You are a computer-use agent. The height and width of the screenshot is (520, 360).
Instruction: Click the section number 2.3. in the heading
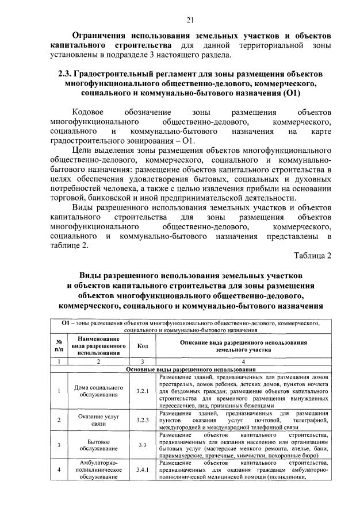67,74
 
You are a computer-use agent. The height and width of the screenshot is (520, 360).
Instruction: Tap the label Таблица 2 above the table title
313,256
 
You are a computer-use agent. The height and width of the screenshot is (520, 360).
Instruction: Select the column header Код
142,346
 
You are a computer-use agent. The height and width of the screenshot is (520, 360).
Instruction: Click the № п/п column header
59,346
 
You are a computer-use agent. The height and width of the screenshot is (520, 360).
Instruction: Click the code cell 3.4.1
142,469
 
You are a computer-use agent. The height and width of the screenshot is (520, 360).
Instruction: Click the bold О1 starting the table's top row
66,324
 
